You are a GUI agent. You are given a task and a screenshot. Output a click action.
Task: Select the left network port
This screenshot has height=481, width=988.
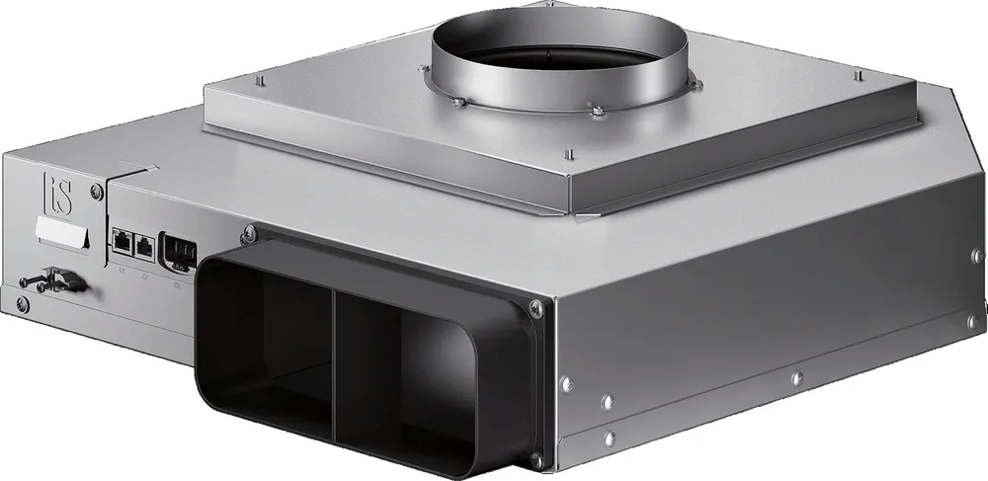point(123,239)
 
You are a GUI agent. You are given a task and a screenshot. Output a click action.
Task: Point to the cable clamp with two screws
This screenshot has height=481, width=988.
point(49,281)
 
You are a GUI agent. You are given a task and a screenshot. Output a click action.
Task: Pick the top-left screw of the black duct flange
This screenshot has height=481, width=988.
point(247,233)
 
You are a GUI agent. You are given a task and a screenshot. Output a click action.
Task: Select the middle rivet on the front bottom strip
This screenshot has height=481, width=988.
point(796,376)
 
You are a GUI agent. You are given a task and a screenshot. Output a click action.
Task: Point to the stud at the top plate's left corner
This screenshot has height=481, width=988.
point(258,80)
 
